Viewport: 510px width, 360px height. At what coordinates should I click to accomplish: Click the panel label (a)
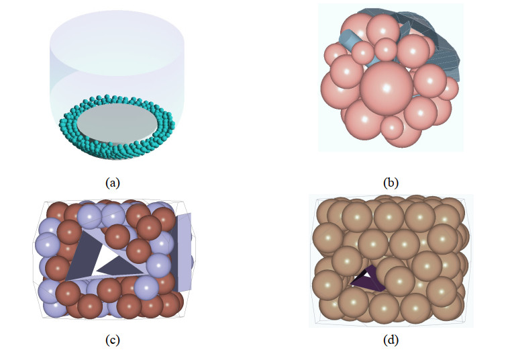click(x=112, y=182)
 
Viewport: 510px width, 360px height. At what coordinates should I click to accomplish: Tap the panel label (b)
click(x=391, y=182)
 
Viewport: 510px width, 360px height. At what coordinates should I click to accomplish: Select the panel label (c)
click(x=112, y=340)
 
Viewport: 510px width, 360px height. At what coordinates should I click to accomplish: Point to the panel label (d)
click(x=391, y=340)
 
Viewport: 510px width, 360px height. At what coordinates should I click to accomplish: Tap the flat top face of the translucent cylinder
click(x=117, y=36)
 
